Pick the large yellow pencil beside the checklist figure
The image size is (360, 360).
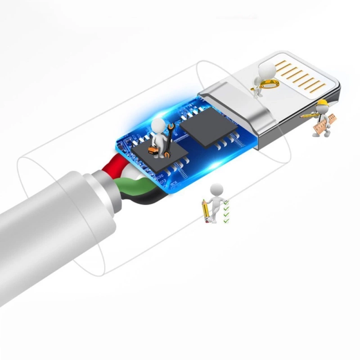point(205,210)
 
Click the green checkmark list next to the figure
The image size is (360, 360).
point(226,211)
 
